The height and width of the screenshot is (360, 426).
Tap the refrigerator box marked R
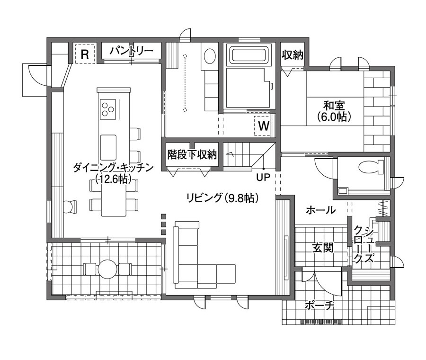tap(85, 54)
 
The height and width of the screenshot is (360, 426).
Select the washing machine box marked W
tap(263, 126)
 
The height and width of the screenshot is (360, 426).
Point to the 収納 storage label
tap(293, 54)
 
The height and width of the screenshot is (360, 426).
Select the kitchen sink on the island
tap(108, 147)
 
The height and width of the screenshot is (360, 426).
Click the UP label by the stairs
tap(263, 177)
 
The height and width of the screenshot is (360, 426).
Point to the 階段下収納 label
tap(192, 154)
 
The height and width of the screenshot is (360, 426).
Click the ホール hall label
tap(320, 210)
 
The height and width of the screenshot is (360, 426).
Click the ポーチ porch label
tap(319, 306)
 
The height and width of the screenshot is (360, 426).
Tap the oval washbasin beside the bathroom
tap(210, 56)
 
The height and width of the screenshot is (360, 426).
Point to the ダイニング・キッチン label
tap(113, 168)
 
